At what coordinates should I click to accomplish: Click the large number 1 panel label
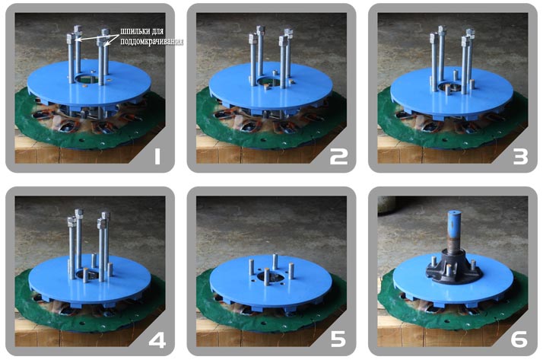(157, 156)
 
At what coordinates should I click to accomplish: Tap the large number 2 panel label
(338, 156)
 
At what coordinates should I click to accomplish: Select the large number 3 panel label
(520, 156)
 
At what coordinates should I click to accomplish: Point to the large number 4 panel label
(157, 339)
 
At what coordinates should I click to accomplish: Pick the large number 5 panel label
(338, 339)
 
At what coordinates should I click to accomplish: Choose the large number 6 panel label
(519, 339)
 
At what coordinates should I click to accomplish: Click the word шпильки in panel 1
(132, 31)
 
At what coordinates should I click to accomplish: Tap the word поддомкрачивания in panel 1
(151, 42)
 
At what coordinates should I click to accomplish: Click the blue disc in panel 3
(451, 93)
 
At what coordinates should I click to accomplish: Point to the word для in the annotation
(155, 31)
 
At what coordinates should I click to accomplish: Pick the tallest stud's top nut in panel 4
(79, 213)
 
